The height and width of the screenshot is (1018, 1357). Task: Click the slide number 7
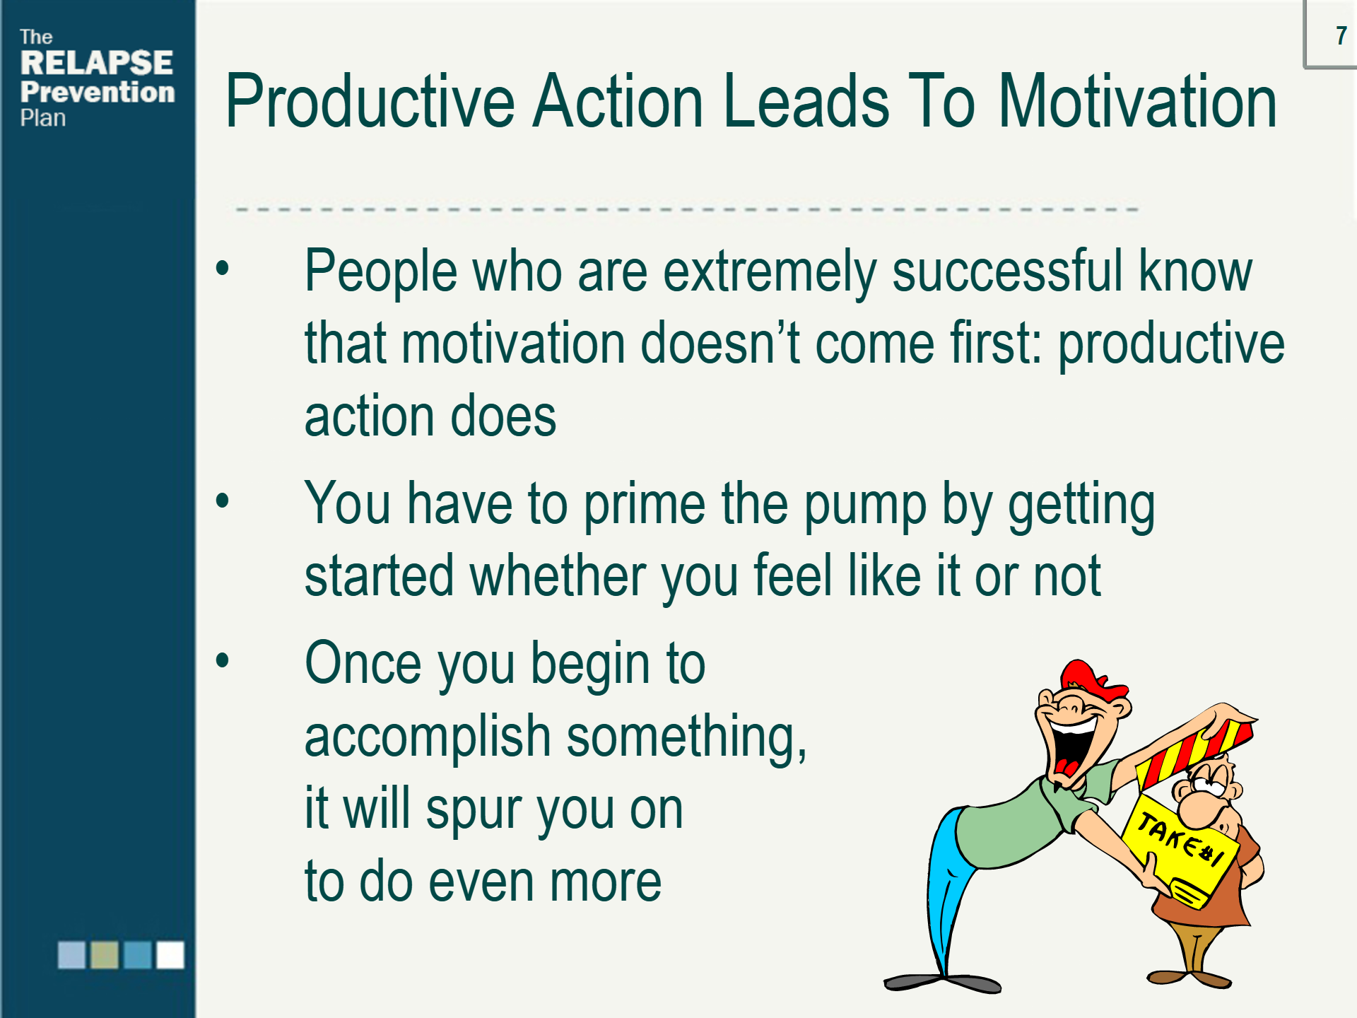pyautogui.click(x=1341, y=35)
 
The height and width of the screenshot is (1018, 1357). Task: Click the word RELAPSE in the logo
pyautogui.click(x=97, y=63)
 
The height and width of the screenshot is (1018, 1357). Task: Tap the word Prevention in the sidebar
pyautogui.click(x=98, y=92)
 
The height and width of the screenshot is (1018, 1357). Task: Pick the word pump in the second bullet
pyautogui.click(x=865, y=505)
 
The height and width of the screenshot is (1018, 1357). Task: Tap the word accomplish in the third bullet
pyautogui.click(x=428, y=737)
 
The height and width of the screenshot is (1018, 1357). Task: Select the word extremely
pyautogui.click(x=770, y=273)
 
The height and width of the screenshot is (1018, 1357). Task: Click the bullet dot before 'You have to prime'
pyautogui.click(x=223, y=501)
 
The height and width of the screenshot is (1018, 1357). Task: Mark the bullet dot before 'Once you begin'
pyautogui.click(x=223, y=660)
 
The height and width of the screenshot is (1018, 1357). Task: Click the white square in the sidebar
pyautogui.click(x=170, y=954)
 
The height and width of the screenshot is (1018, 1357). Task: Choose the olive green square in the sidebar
pyautogui.click(x=105, y=954)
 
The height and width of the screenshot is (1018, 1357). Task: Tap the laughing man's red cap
pyautogui.click(x=1092, y=679)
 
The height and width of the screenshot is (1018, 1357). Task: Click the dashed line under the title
pyautogui.click(x=686, y=209)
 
